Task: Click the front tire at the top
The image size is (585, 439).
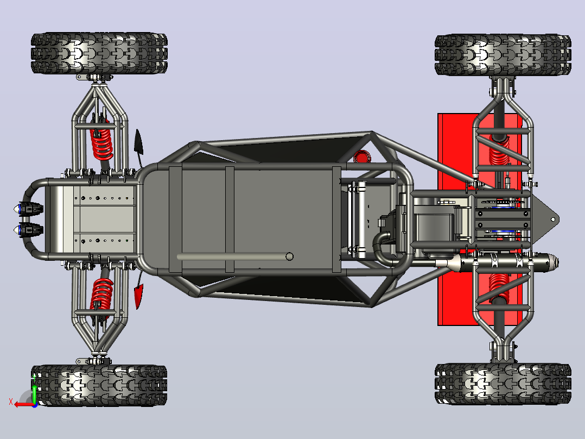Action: [x=99, y=53]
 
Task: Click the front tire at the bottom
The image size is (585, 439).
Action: [x=99, y=386]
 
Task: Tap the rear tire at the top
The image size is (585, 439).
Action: [x=503, y=55]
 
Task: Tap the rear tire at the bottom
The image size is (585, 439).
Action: [x=503, y=384]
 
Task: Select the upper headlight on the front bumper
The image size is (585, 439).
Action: [x=29, y=209]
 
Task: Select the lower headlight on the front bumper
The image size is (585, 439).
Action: [x=29, y=230]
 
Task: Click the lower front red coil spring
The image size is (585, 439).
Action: [x=101, y=295]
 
